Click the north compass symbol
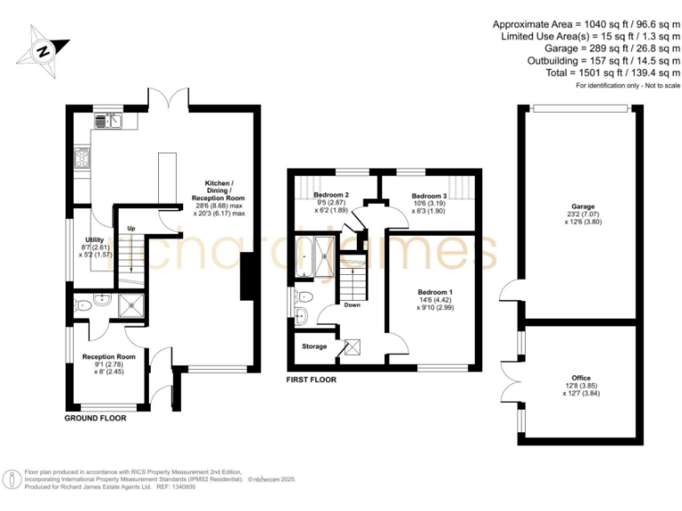point(43,49)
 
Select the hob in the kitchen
point(81,159)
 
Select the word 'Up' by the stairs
point(131,228)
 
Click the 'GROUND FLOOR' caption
point(95,417)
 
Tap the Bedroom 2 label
point(328,195)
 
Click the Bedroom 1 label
point(435,291)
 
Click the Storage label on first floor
point(314,346)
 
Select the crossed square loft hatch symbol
point(352,346)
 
